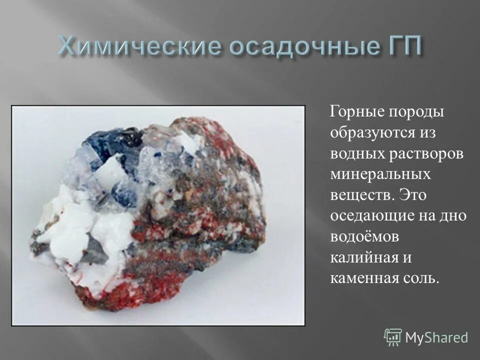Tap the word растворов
(x=429, y=154)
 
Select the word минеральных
(x=380, y=175)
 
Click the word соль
(x=424, y=278)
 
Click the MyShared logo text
(x=436, y=337)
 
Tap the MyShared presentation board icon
(x=393, y=337)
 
